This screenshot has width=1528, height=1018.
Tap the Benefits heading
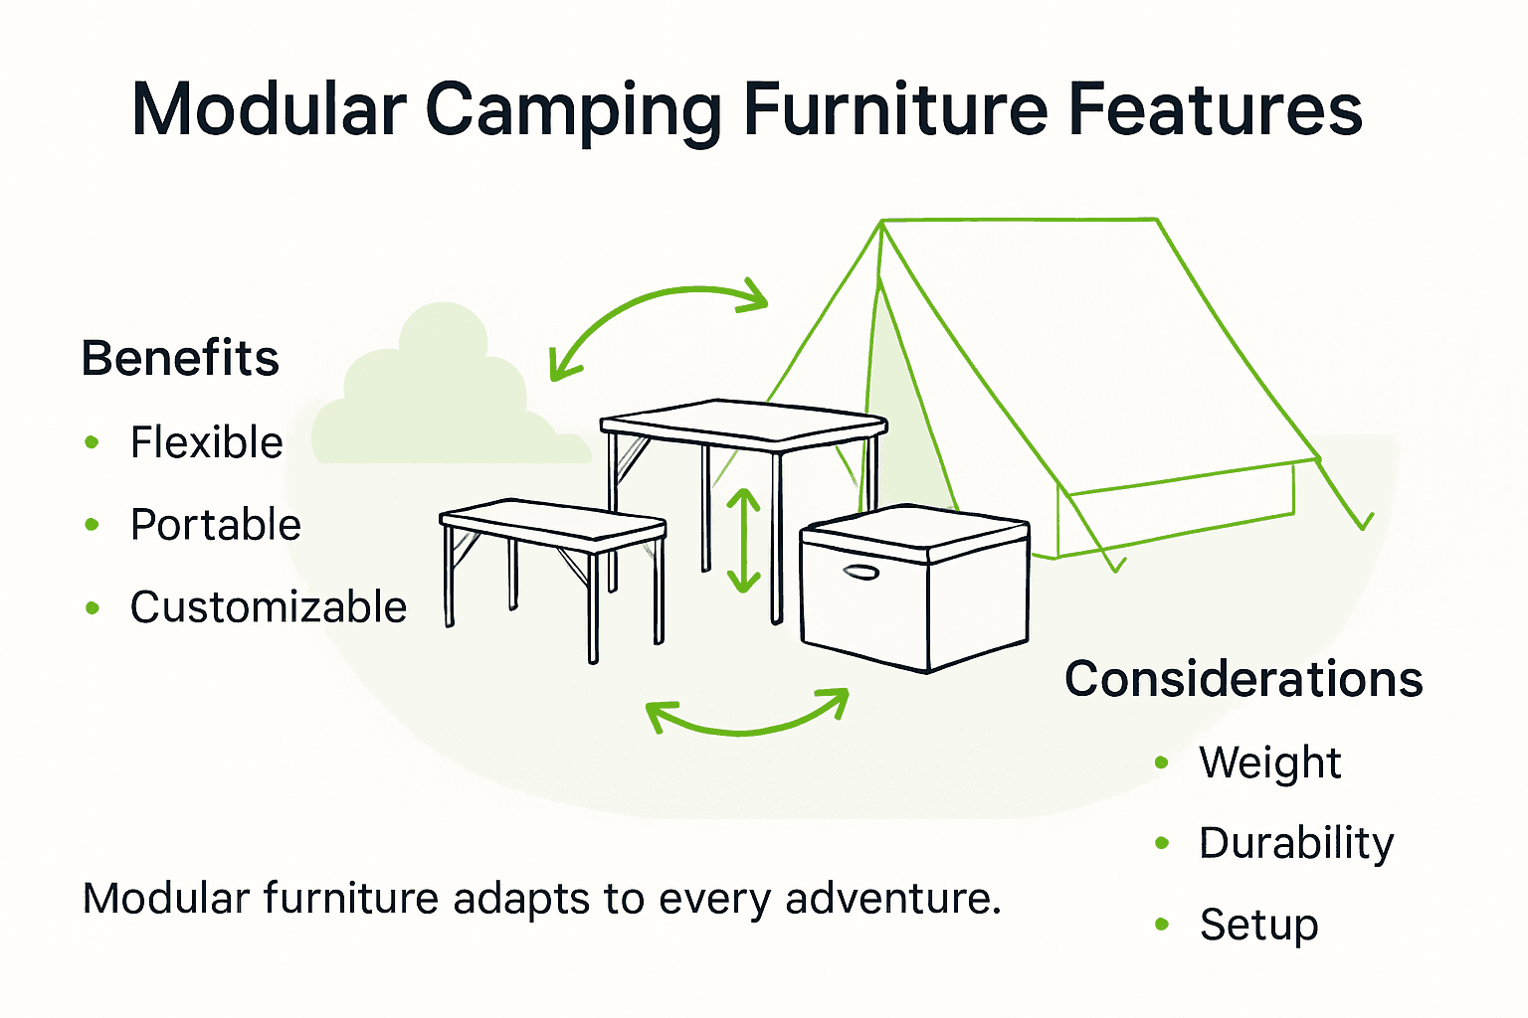(x=180, y=358)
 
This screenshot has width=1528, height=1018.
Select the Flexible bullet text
(x=207, y=442)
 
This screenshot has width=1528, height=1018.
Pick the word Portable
(x=216, y=525)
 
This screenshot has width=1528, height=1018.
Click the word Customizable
(x=269, y=607)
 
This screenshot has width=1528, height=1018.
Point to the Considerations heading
(x=1243, y=680)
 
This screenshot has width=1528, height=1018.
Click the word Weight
(x=1270, y=763)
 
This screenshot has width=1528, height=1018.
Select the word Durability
(x=1296, y=844)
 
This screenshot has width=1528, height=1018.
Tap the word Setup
(x=1259, y=925)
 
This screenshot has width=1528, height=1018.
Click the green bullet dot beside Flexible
(x=93, y=442)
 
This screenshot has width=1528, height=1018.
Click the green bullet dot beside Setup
(x=1162, y=925)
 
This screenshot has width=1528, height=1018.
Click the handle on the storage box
(x=860, y=573)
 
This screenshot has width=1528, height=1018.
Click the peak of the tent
(x=881, y=224)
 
